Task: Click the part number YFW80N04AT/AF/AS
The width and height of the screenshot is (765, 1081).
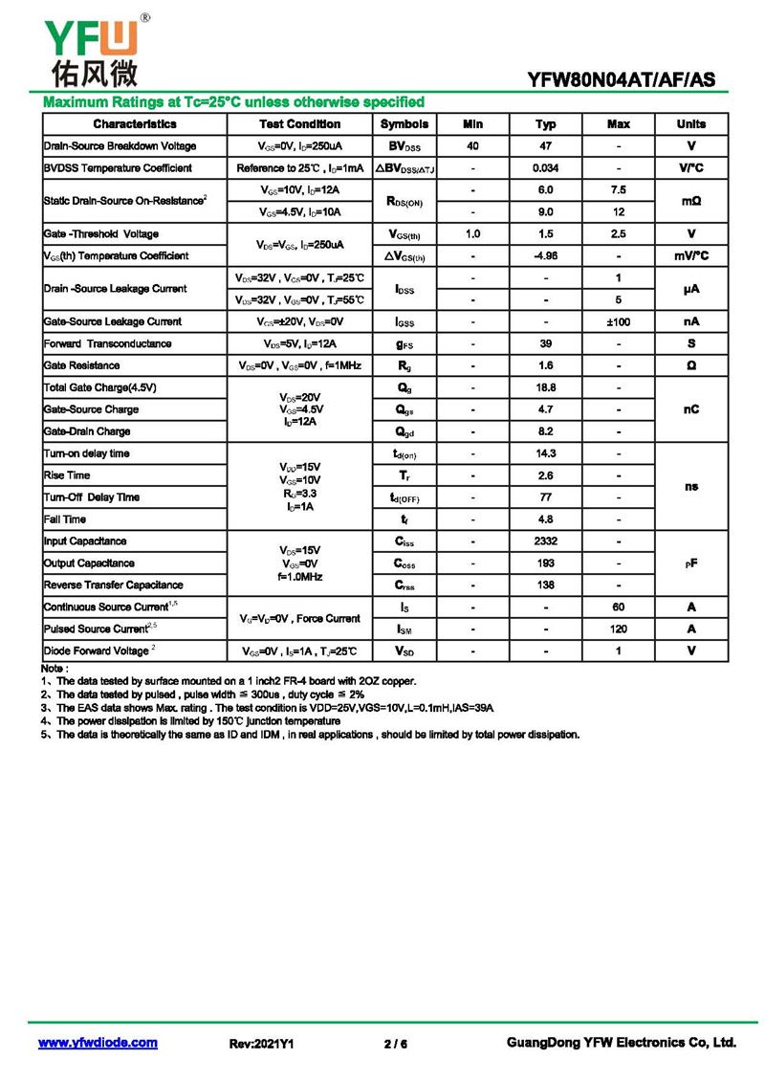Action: (622, 80)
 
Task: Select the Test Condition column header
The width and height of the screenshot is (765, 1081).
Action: (299, 124)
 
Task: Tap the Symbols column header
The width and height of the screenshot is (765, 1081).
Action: (404, 124)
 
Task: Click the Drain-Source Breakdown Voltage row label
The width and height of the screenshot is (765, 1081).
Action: (120, 146)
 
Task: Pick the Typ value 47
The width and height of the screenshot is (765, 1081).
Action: (546, 146)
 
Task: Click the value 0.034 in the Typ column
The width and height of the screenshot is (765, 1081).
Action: (546, 168)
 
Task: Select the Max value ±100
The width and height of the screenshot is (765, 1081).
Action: (619, 322)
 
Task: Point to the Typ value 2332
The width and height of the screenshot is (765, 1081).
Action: (546, 541)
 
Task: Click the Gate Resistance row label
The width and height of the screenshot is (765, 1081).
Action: (82, 366)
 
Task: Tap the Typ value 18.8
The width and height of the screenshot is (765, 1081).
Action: (546, 388)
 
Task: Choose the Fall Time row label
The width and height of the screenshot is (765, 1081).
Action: (65, 519)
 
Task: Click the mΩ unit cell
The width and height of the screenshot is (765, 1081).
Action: (691, 201)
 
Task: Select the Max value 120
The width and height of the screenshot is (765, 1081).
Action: (619, 629)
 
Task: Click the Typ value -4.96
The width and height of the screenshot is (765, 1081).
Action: (546, 256)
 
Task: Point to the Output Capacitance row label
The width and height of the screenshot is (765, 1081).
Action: (89, 563)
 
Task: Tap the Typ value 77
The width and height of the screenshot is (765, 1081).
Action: (546, 497)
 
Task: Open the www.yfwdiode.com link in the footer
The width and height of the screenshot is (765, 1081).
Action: (98, 1043)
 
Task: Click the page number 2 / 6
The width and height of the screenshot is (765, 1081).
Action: (396, 1044)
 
